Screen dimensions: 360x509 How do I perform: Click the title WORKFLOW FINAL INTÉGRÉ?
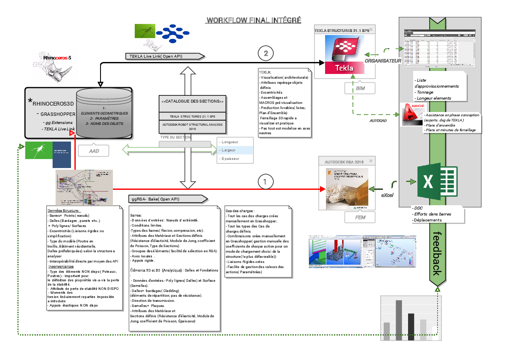(254, 21)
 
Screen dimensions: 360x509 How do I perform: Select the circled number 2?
(266, 54)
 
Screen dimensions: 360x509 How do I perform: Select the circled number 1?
(266, 181)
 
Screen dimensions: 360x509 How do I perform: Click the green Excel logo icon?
(434, 182)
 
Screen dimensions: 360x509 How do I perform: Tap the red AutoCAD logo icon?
(411, 115)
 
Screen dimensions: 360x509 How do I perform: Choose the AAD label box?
(93, 151)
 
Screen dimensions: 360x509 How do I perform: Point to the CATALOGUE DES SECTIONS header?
(192, 102)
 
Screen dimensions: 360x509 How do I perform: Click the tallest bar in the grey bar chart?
(399, 320)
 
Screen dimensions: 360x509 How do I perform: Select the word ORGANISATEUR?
(382, 61)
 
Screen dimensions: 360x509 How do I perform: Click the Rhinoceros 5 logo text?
(57, 57)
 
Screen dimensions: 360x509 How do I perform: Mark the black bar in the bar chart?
(411, 327)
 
